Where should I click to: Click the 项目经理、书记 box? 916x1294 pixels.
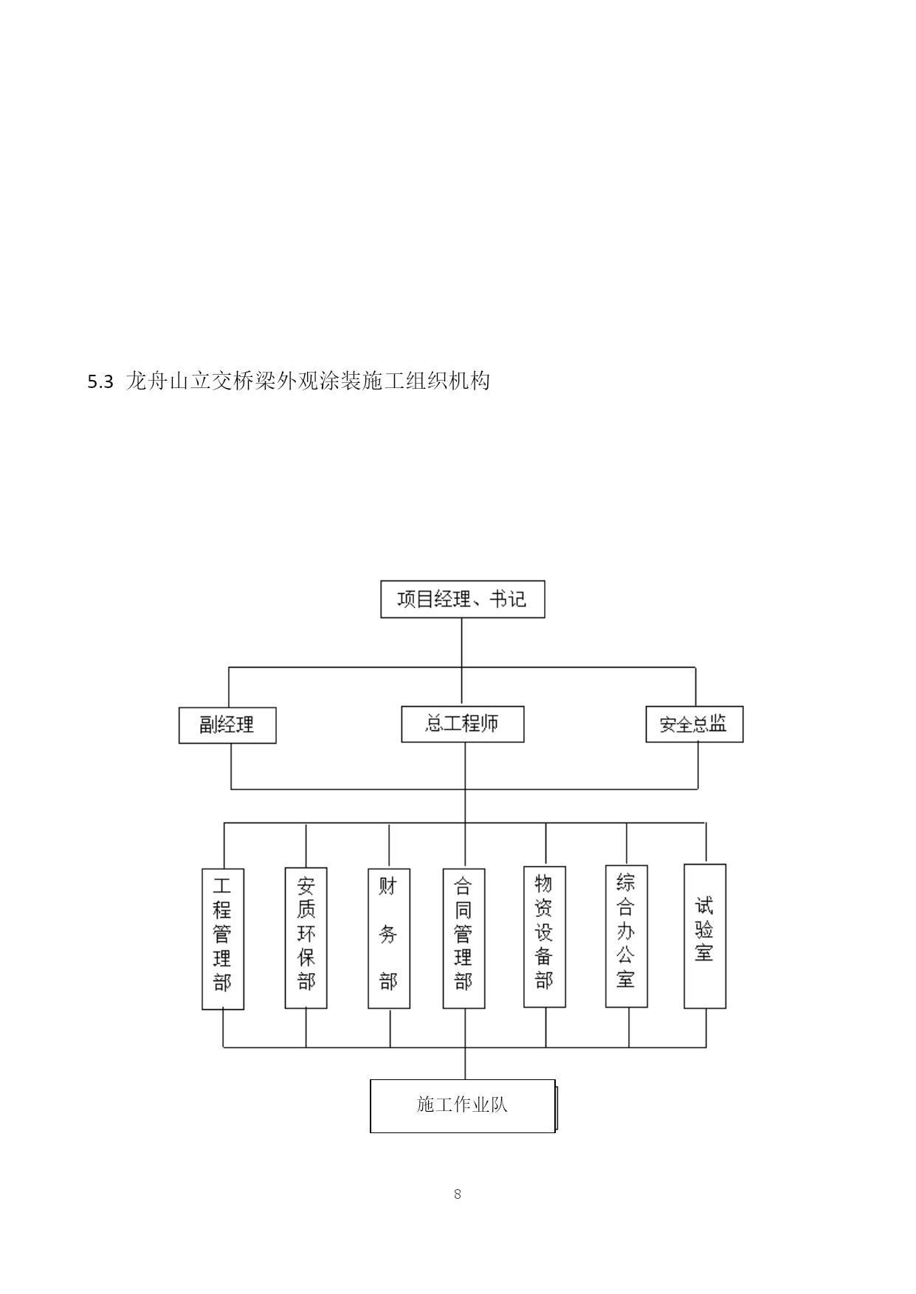coord(462,599)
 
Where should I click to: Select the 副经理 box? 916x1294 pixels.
coord(227,725)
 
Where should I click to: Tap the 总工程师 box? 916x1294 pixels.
coord(463,724)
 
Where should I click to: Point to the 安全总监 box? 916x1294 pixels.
coord(695,724)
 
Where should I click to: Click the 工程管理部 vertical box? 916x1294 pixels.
coord(223,938)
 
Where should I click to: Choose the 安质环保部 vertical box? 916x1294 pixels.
coord(306,938)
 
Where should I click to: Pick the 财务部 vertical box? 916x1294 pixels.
coord(389,938)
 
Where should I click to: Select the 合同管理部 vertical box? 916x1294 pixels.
coord(464,938)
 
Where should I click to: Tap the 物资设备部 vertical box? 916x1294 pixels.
coord(545,937)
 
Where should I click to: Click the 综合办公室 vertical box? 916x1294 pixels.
coord(627,936)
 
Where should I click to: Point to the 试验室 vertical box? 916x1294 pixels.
coord(705,936)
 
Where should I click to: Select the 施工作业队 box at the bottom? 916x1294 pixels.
coord(463,1106)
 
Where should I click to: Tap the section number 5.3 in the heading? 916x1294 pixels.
coord(100,382)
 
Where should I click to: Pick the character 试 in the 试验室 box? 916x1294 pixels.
coord(705,905)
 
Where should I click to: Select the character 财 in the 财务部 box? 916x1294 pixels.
coord(389,886)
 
